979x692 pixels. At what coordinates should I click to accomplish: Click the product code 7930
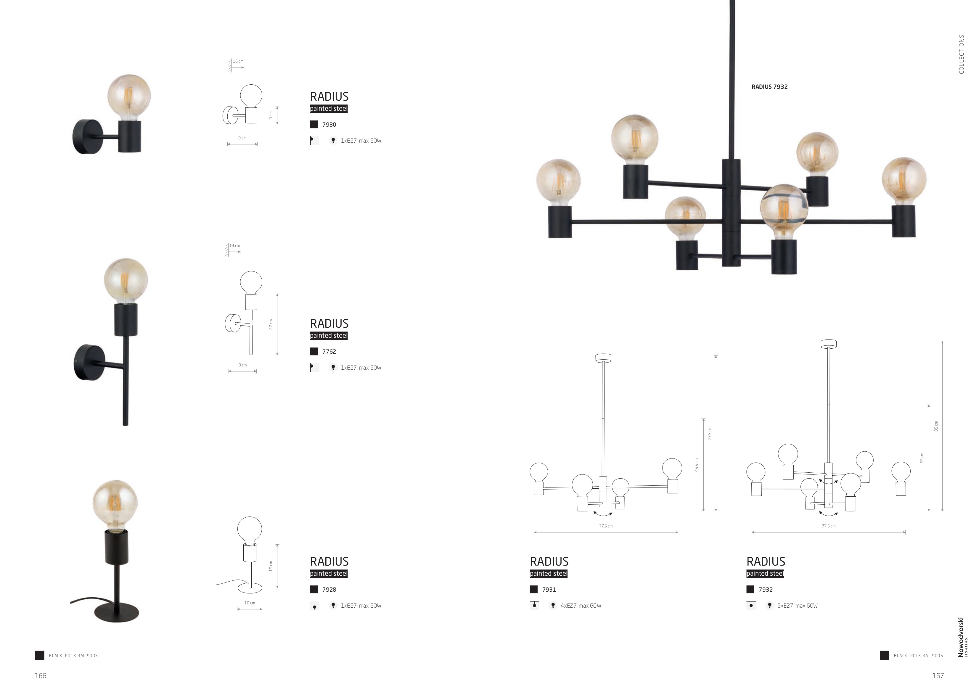(329, 125)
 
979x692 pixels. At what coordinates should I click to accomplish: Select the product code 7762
(329, 352)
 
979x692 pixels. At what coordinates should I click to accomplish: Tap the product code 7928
(329, 590)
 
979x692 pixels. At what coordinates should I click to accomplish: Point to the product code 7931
(549, 590)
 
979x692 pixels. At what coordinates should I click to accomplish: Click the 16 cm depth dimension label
(238, 61)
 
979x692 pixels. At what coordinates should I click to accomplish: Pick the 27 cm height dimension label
(271, 324)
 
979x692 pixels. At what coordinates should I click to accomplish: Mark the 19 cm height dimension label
(271, 566)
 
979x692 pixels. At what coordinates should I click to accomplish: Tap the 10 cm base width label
(250, 603)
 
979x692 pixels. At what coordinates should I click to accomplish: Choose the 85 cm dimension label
(936, 426)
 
